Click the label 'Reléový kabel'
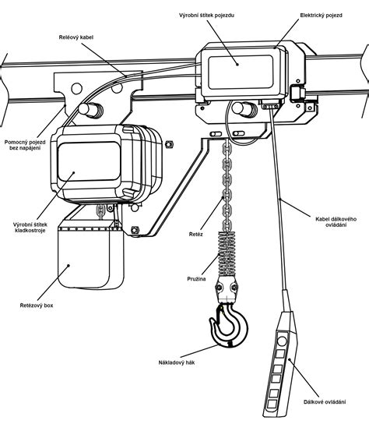point(76,37)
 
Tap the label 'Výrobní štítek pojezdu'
point(206,16)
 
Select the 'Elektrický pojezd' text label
point(322,16)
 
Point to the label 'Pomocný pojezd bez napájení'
point(25,145)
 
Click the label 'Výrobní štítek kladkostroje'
point(30,228)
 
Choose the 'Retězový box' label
point(37,306)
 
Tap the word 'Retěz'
point(196,235)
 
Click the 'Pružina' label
point(196,279)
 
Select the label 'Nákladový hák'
point(177,362)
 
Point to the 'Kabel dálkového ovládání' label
point(336,221)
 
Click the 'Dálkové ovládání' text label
point(325,402)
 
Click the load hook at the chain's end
point(229,324)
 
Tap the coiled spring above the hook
point(227,253)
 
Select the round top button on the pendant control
point(282,341)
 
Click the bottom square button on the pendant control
point(271,405)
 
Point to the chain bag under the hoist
point(91,258)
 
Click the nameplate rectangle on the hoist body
point(90,161)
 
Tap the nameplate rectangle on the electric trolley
point(241,72)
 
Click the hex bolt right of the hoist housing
point(169,144)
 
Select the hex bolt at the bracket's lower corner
point(135,230)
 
